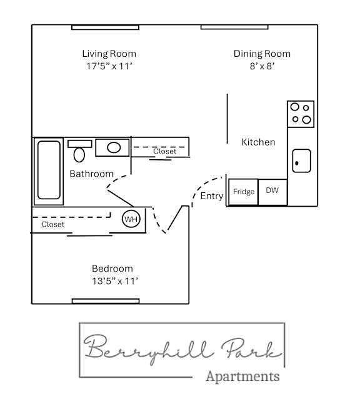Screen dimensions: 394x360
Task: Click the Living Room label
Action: (109, 54)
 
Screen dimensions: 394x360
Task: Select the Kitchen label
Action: (258, 142)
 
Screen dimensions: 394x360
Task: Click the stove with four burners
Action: (300, 114)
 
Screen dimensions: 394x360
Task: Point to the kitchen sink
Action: (301, 160)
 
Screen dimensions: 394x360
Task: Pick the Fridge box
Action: (243, 192)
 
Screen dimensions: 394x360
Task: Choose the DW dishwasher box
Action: (272, 191)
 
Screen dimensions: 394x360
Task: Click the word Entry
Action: (212, 196)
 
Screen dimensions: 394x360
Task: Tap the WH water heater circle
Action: (131, 219)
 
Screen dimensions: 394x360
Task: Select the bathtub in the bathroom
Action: (49, 168)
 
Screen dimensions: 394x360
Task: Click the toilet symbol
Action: (80, 151)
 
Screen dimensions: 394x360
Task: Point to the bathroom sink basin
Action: (113, 148)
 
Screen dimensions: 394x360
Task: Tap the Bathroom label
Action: (91, 174)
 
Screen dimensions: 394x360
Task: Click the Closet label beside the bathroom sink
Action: (164, 151)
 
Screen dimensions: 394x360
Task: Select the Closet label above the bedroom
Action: (52, 224)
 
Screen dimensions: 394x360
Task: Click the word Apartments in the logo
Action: (242, 376)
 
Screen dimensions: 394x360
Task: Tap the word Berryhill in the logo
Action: (134, 350)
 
